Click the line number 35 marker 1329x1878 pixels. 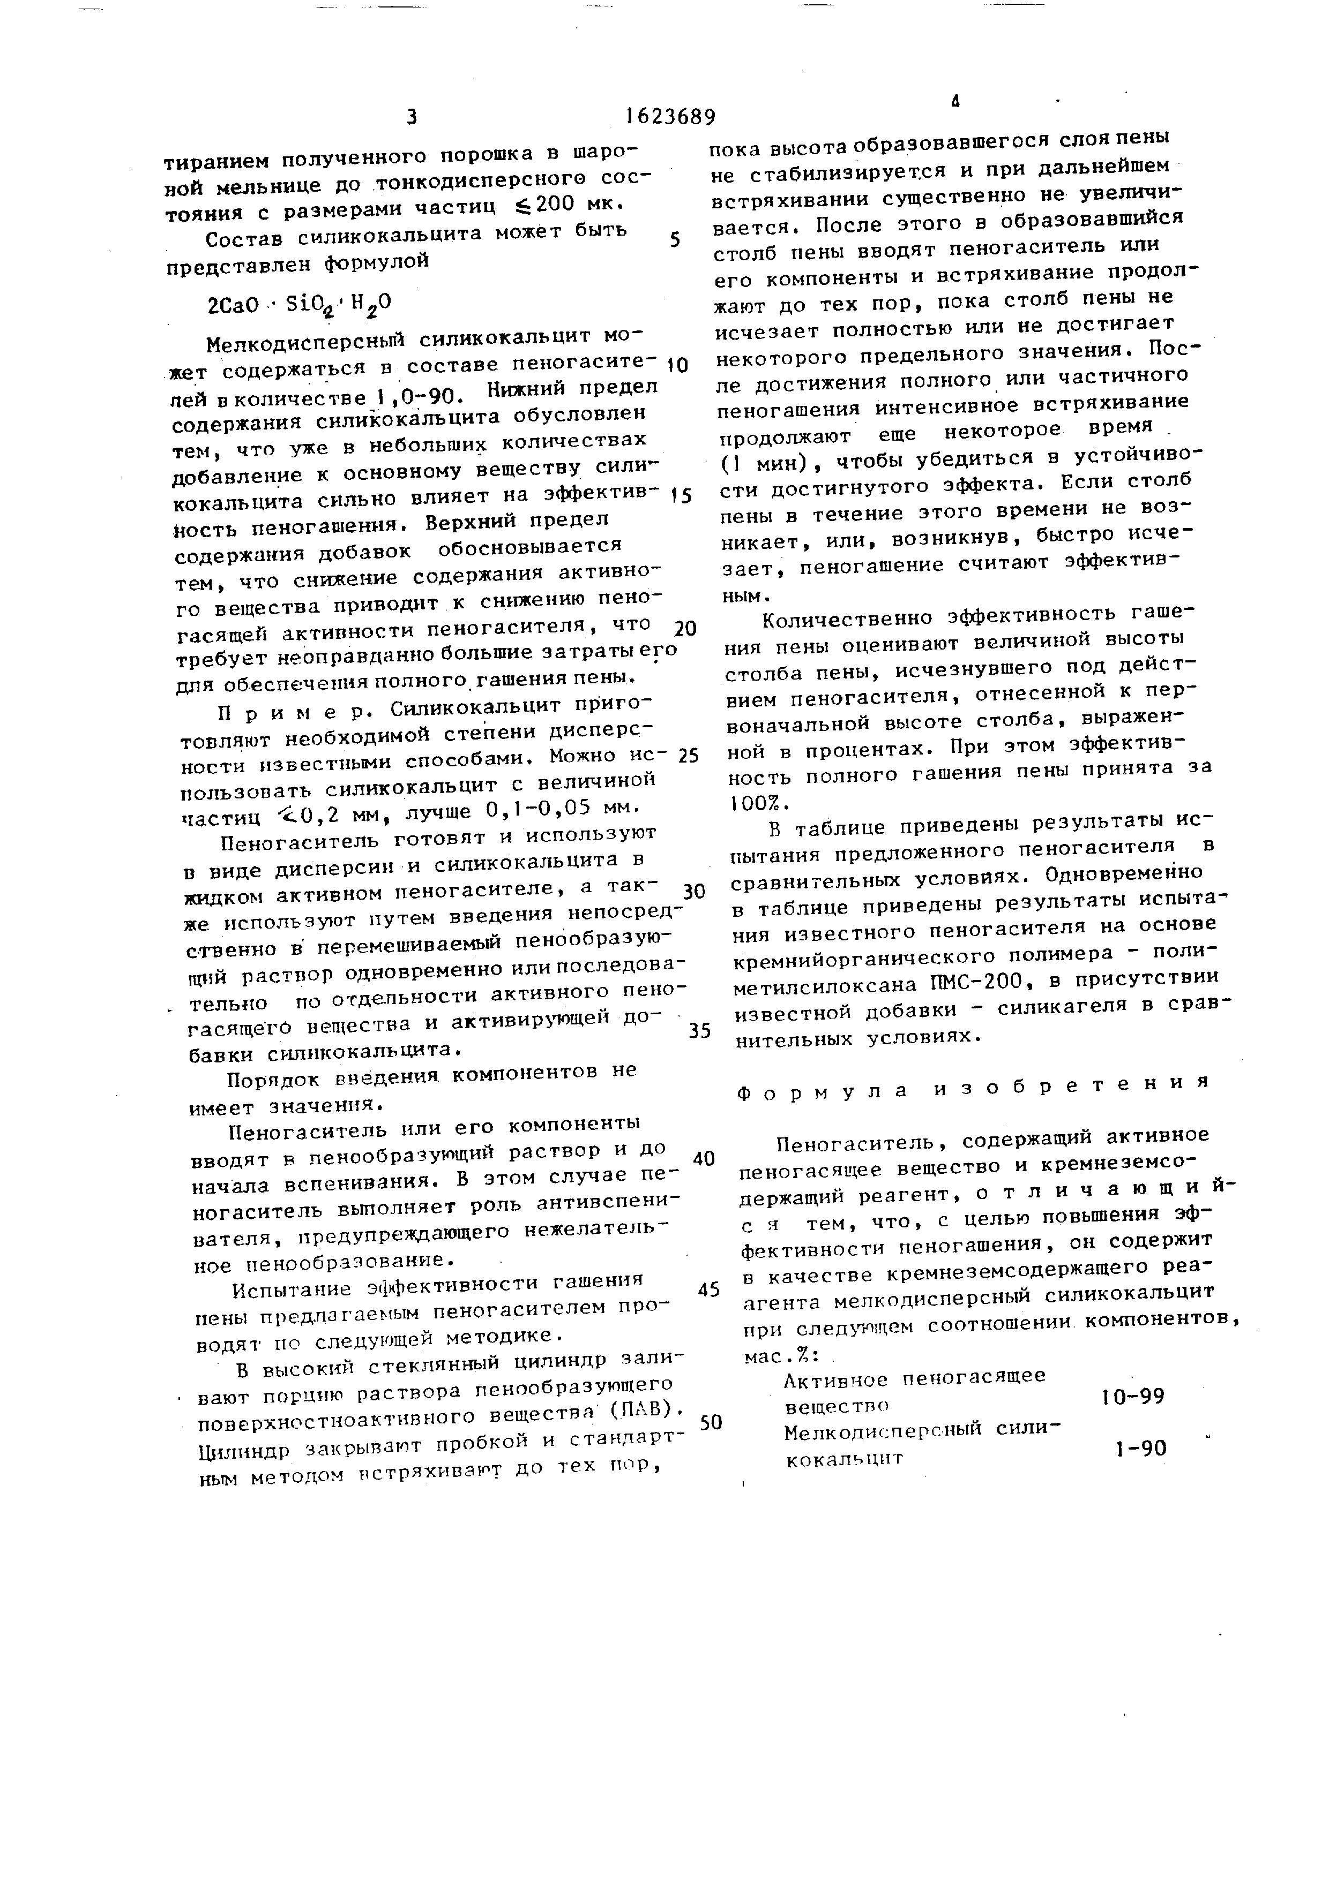click(699, 1031)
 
